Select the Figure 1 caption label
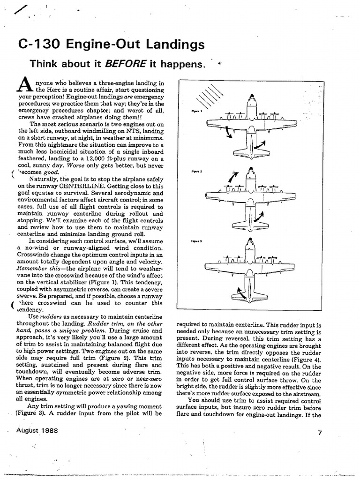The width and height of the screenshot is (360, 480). coord(196,111)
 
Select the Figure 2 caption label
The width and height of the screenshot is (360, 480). coord(196,172)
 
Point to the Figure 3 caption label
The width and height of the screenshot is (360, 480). coord(196,241)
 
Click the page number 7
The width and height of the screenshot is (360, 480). coord(319,433)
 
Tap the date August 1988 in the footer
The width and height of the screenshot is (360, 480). coord(36,430)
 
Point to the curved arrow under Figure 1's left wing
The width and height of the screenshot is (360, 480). coord(229,133)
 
